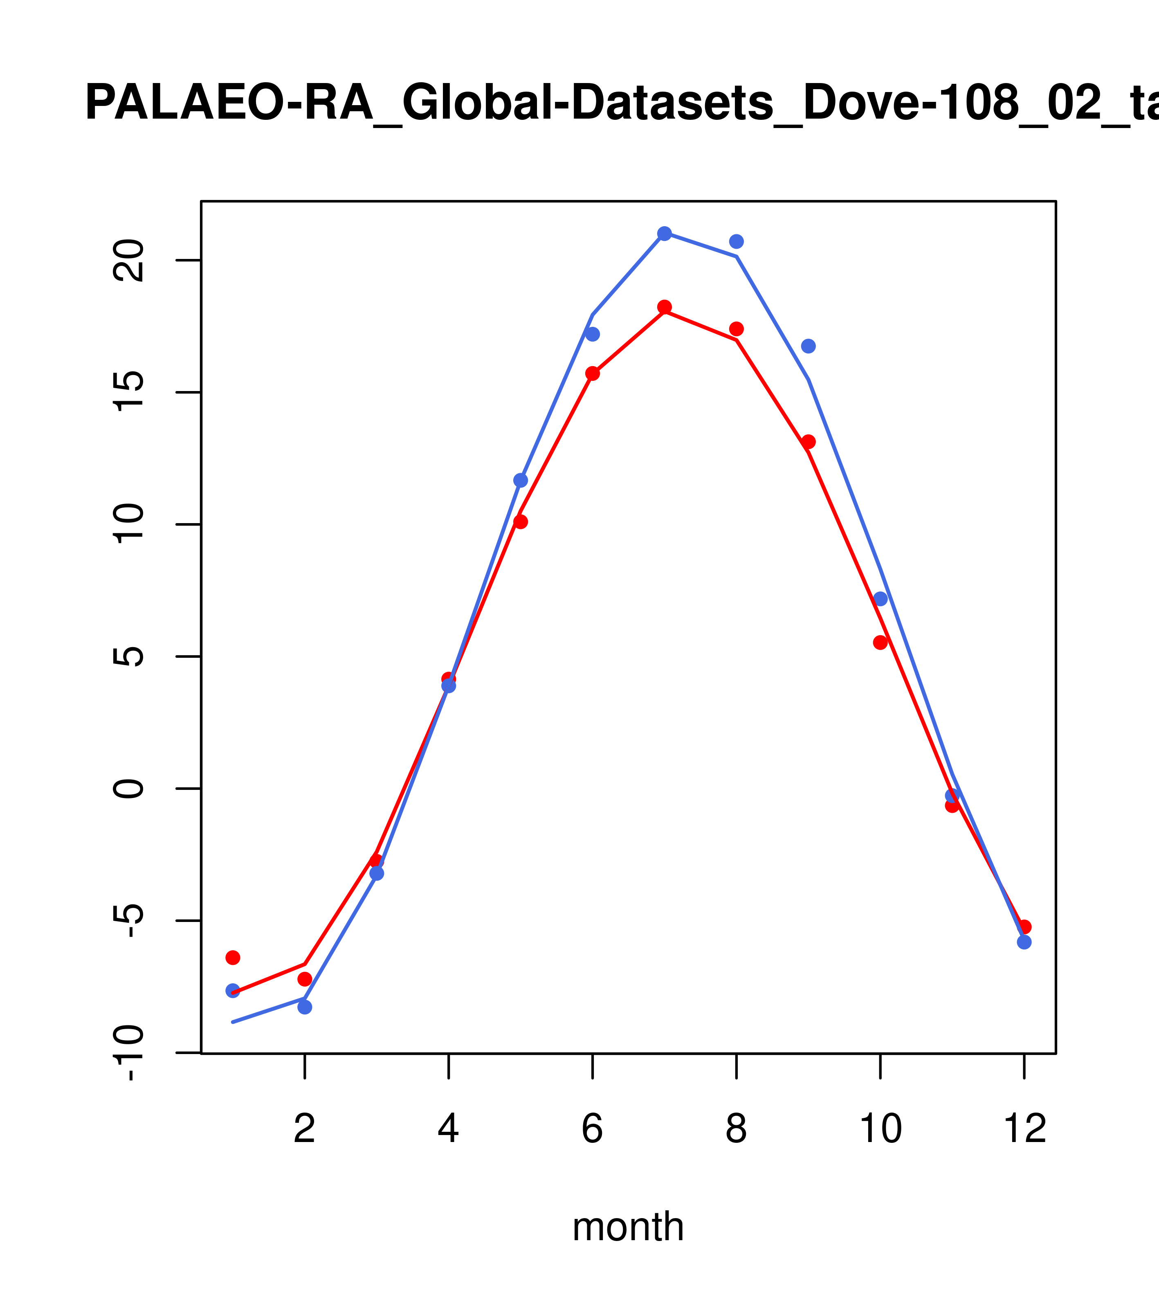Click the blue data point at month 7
click(x=664, y=234)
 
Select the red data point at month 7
click(x=664, y=307)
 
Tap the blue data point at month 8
click(x=736, y=241)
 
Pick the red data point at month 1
click(x=233, y=958)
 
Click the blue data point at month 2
click(x=305, y=1007)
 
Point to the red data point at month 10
click(x=880, y=643)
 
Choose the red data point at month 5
click(x=521, y=522)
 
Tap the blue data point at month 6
click(x=593, y=334)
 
